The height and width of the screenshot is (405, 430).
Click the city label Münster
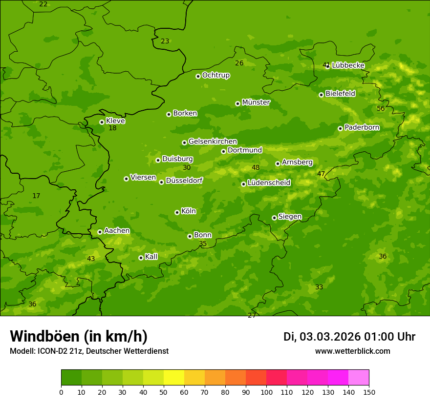click(x=256, y=102)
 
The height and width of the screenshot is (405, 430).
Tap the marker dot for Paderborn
click(x=340, y=128)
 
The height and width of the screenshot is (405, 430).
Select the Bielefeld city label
click(x=340, y=93)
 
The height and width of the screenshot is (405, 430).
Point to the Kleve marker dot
click(x=102, y=122)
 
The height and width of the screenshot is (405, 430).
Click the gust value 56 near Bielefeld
click(x=381, y=108)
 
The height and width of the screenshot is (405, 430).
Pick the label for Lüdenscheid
click(x=269, y=183)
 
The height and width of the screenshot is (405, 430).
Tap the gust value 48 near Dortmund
click(x=256, y=167)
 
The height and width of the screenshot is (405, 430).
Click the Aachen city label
click(x=117, y=231)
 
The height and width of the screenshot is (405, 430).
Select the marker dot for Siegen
click(x=274, y=218)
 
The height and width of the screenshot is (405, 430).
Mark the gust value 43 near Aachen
click(x=91, y=259)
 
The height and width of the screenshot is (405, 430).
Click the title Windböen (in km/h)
click(x=79, y=336)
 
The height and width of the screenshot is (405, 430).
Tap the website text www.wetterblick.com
click(x=352, y=351)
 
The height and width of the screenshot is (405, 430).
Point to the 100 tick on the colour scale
click(x=266, y=392)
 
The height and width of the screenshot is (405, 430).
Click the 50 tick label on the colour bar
click(x=164, y=392)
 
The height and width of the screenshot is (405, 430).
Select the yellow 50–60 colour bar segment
click(x=174, y=378)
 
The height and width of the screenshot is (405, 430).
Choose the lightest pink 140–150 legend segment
click(x=359, y=378)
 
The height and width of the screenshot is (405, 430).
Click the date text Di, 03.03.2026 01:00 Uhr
click(x=349, y=337)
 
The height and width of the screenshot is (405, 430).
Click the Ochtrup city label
click(x=215, y=75)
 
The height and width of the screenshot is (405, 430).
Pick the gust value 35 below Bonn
click(x=203, y=243)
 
